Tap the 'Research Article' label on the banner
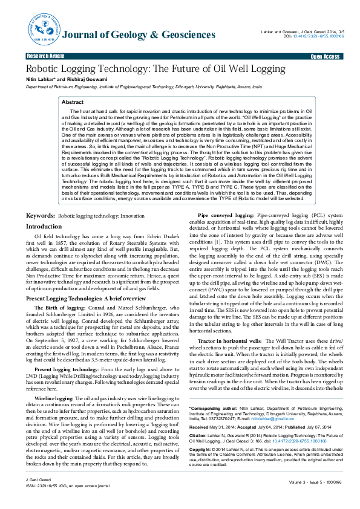45,56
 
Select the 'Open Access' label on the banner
325,56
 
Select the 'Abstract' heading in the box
73,103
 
